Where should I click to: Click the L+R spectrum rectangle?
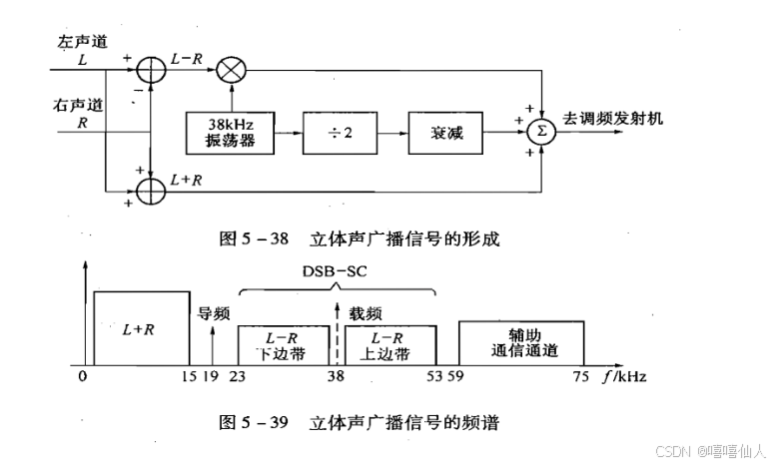pos(141,328)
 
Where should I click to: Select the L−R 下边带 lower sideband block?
pos(273,345)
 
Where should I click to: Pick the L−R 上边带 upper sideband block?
pos(396,345)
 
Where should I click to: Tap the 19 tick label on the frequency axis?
pos(211,378)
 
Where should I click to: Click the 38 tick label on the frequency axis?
pos(338,378)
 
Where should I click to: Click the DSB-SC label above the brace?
pos(337,270)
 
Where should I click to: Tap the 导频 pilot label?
pos(214,312)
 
